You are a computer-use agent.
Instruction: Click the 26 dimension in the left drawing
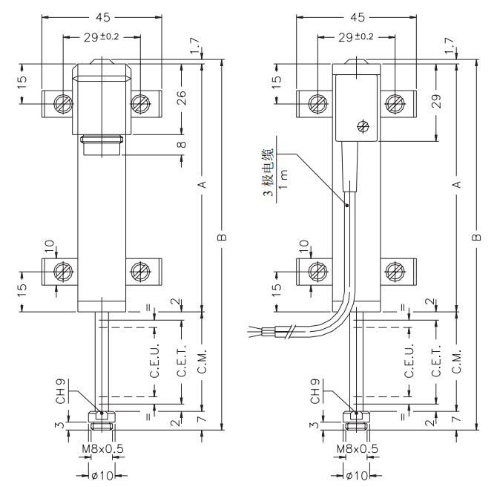(182, 97)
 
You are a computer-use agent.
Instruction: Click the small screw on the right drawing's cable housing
(362, 125)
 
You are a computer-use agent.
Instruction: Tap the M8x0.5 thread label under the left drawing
(102, 449)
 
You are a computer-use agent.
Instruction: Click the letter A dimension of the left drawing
(202, 184)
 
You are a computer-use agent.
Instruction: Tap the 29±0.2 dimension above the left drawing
(102, 37)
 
